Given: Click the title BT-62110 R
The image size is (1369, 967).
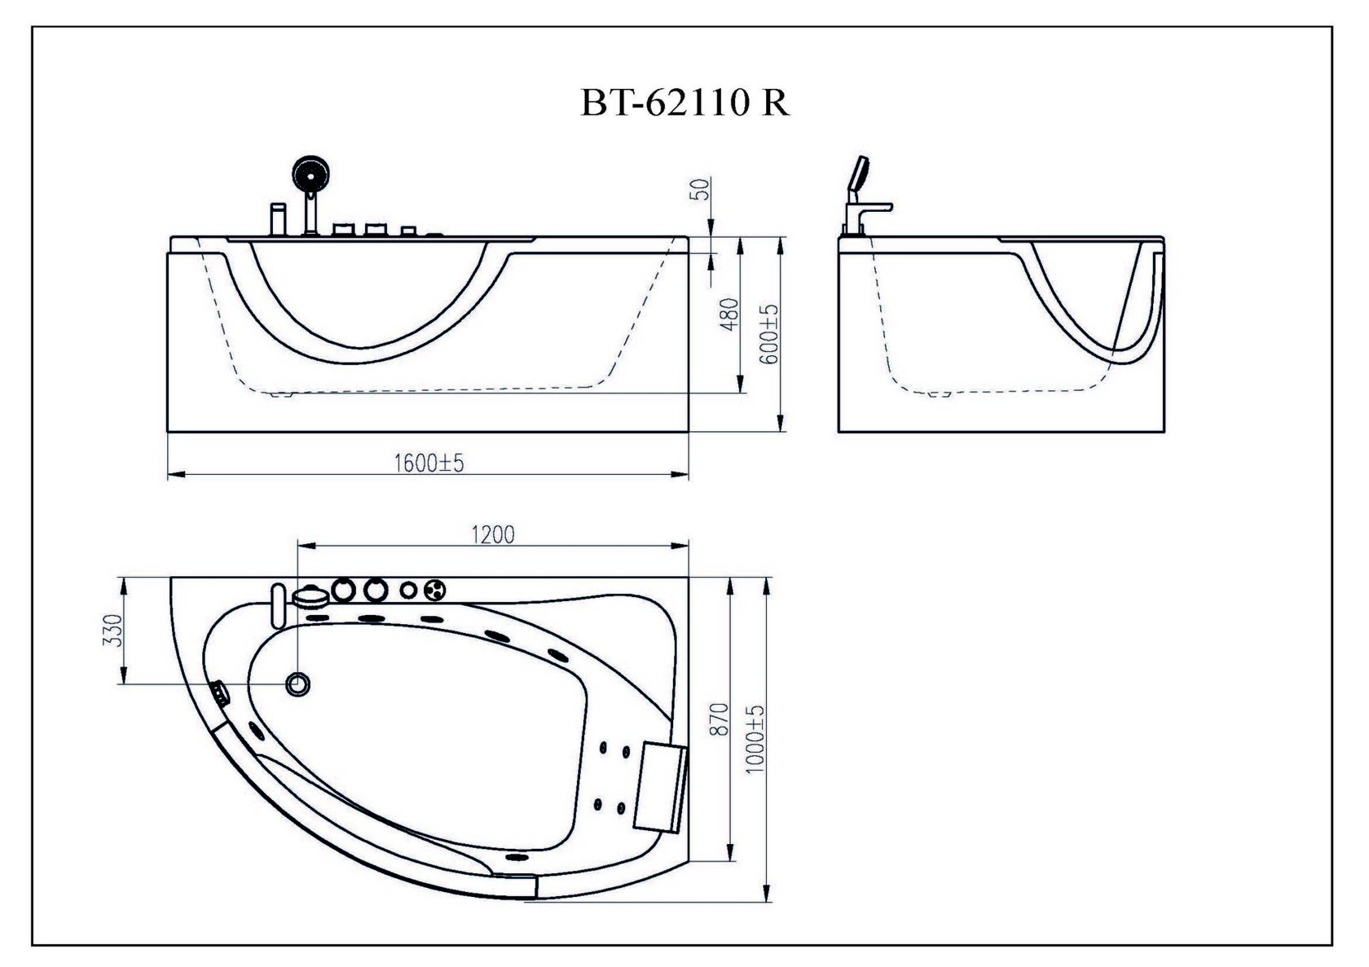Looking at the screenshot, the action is point(684,103).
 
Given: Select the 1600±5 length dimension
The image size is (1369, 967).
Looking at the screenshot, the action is point(429,464).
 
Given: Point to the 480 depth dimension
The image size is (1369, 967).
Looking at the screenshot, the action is point(729,314).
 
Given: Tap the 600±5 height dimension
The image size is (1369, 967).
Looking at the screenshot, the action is point(770,334).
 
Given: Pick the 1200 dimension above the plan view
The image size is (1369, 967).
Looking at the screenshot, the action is point(492,535).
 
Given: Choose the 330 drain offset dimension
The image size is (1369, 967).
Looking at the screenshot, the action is point(113,631).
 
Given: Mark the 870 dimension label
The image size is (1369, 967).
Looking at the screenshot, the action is point(720,719).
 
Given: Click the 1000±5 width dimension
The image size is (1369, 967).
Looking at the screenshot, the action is point(755,739).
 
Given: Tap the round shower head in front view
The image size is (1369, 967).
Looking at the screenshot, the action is point(310,174).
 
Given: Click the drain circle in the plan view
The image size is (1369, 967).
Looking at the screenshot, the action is point(297,684).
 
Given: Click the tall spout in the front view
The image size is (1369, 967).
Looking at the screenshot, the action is point(278,218).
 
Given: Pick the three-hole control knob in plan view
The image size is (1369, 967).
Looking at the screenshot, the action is point(434,590).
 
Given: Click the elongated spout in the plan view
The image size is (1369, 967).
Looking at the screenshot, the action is point(278,606).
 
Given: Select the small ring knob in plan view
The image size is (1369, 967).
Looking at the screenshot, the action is point(409,590).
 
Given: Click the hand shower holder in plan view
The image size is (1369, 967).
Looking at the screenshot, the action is point(310,596).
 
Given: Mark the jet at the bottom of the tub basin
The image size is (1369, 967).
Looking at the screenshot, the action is point(517,857).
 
